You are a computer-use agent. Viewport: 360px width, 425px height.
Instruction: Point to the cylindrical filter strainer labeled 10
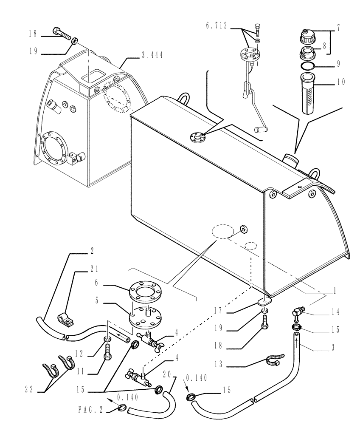pos(308,93)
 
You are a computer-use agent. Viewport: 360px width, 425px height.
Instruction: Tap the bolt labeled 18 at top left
pos(61,31)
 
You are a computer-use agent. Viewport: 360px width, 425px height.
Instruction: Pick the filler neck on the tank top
pos(290,160)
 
